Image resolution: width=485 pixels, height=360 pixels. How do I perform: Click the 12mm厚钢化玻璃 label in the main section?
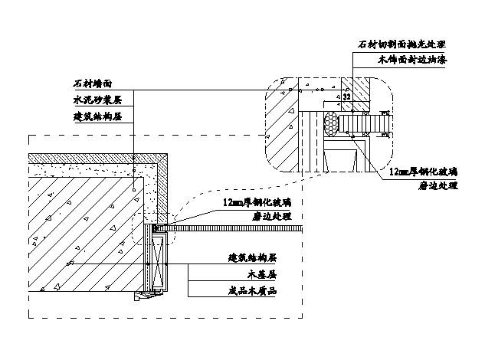click(x=257, y=203)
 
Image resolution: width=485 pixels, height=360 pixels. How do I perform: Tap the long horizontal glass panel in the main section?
click(x=238, y=229)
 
